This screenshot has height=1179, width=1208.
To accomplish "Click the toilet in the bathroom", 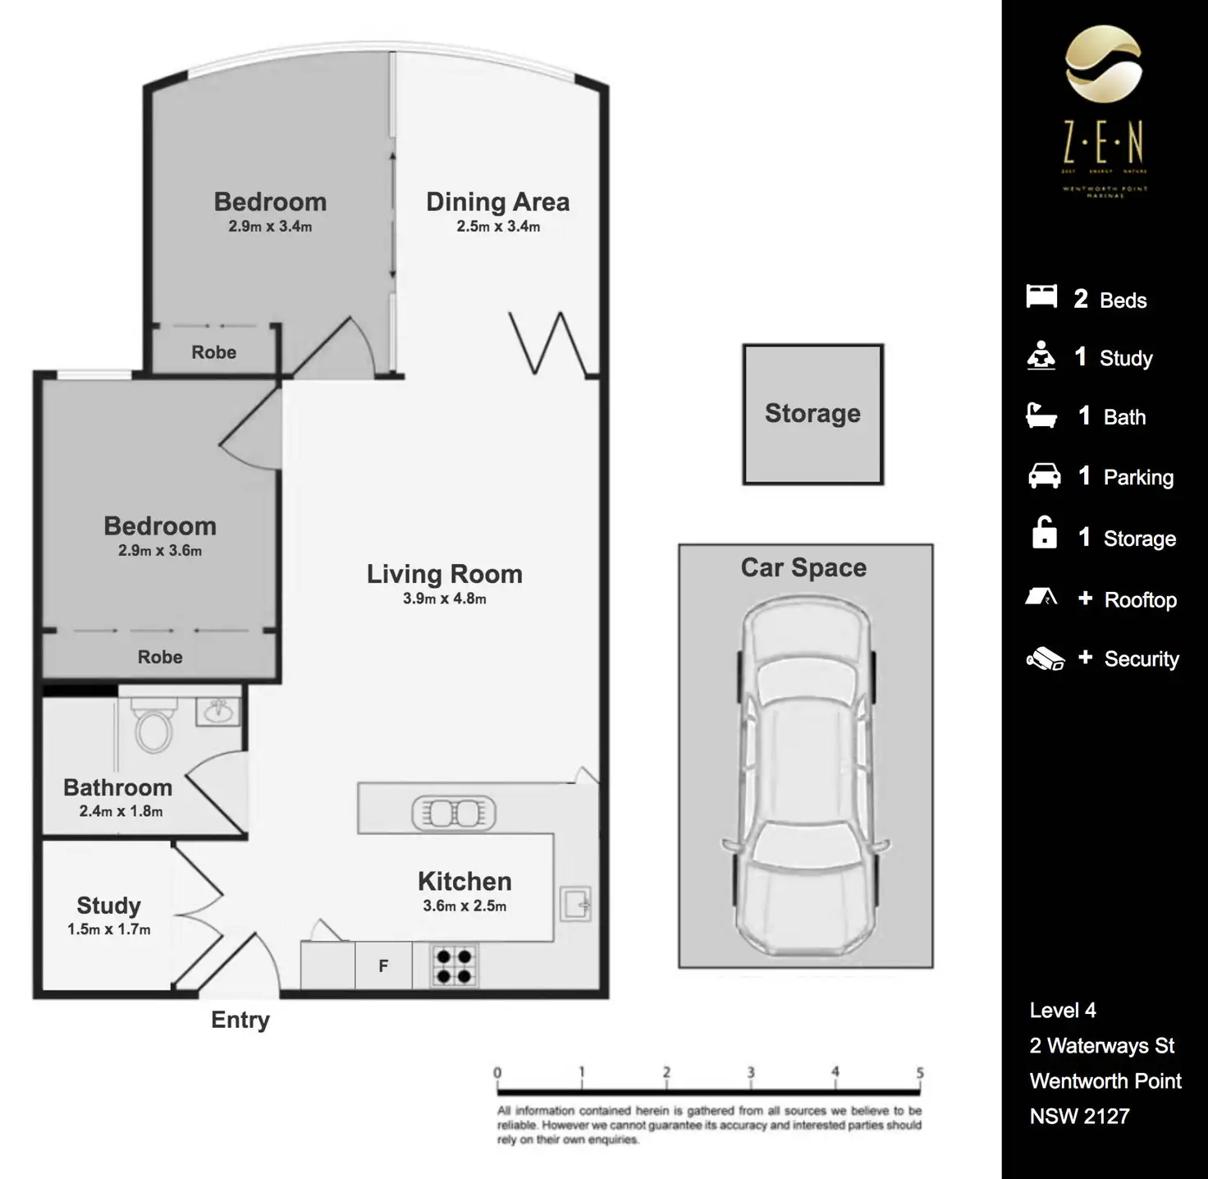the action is click(x=153, y=726).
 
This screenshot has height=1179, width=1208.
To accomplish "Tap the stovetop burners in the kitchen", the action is click(x=454, y=966).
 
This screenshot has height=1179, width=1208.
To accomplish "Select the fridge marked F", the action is click(x=383, y=966).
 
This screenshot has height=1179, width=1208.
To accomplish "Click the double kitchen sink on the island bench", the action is click(x=454, y=813).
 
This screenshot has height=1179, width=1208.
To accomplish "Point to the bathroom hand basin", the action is click(x=217, y=711).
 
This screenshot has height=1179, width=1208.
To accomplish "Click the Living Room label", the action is click(x=444, y=574).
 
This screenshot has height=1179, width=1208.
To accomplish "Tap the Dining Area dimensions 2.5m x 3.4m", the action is click(x=498, y=227).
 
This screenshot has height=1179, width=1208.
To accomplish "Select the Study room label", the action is click(x=108, y=906).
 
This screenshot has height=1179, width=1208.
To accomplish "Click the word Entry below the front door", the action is click(x=240, y=1020).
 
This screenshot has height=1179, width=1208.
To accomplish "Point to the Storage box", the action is click(x=812, y=414).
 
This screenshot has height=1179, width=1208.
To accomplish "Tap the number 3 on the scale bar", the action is click(x=750, y=1072).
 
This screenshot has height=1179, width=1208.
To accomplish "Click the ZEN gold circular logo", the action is click(x=1103, y=63).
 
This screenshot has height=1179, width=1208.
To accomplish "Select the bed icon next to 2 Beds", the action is click(x=1041, y=296).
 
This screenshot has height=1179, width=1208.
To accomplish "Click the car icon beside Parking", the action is click(x=1044, y=476).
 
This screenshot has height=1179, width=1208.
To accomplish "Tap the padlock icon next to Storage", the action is click(x=1044, y=533).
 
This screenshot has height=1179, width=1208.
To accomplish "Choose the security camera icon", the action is click(x=1045, y=658).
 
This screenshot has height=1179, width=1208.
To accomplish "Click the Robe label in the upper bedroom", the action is click(x=213, y=352).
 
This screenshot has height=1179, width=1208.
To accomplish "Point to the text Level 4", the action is click(x=1063, y=1011).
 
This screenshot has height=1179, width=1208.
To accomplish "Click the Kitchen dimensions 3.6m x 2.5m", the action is click(x=464, y=906).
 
